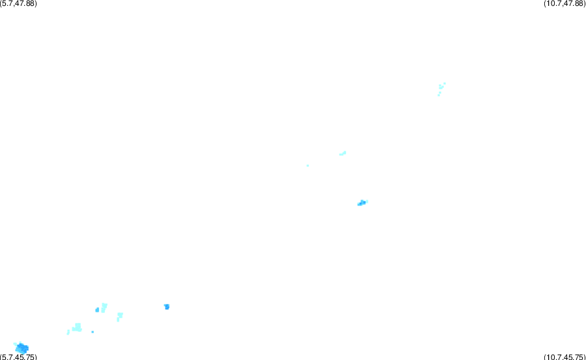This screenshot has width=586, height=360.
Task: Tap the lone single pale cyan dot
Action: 308,165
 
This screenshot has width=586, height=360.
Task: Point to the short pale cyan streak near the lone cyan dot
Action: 343,153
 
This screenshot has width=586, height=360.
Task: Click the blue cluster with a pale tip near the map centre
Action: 362,203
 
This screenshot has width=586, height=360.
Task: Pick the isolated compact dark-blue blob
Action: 167,307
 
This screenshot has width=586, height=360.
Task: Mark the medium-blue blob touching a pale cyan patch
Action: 97,310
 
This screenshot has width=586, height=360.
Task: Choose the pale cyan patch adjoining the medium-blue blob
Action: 104,308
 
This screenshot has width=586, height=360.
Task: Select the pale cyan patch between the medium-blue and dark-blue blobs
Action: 119,317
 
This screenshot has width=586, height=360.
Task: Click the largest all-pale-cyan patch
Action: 77,327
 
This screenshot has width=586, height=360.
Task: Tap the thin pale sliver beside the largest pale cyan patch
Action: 68,332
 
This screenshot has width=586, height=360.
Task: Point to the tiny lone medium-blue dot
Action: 93,331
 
